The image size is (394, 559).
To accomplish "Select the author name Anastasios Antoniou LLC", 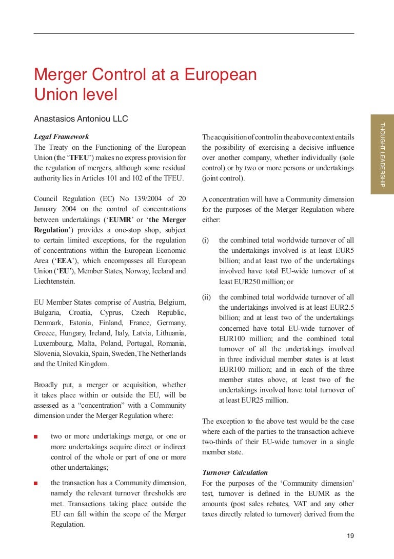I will (81, 118).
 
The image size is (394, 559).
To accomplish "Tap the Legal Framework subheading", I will (61, 137).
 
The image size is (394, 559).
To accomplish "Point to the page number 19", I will (350, 536).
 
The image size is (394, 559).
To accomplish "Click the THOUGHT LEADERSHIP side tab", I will (382, 154).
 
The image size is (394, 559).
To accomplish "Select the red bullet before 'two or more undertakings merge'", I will (36, 437).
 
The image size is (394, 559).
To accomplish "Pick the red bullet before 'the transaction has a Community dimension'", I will (36, 483).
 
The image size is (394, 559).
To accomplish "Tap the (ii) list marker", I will (206, 297).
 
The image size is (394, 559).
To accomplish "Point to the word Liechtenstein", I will (54, 282).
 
